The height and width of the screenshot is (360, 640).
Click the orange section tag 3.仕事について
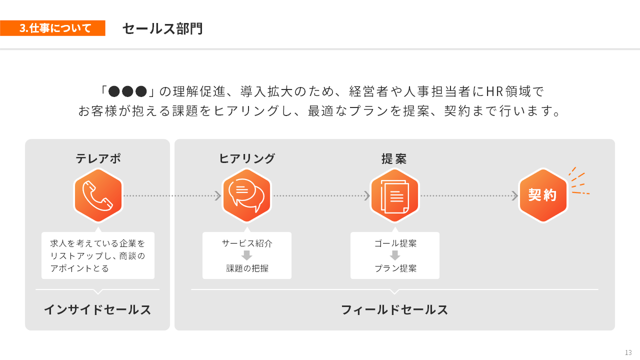click(x=52, y=28)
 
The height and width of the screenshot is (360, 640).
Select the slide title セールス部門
click(x=162, y=28)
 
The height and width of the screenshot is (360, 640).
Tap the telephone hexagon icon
click(x=98, y=195)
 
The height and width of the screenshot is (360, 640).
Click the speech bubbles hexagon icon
click(x=246, y=195)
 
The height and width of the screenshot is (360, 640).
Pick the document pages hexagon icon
click(x=394, y=195)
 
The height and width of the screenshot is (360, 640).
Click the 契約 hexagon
click(x=542, y=195)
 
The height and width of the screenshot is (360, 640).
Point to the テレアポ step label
click(x=98, y=158)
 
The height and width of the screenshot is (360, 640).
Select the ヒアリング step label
click(x=247, y=158)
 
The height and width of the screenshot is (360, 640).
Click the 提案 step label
click(x=394, y=158)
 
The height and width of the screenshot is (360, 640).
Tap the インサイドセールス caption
click(x=97, y=310)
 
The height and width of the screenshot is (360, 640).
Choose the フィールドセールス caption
click(x=394, y=310)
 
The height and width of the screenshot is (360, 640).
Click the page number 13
click(x=628, y=352)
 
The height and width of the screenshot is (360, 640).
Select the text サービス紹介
click(x=247, y=243)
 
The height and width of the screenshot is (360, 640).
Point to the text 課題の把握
click(x=247, y=268)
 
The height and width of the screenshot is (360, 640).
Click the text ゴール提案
click(x=395, y=243)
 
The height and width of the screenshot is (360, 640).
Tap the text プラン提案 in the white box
click(x=395, y=268)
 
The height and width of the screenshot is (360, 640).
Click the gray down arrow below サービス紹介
click(x=247, y=255)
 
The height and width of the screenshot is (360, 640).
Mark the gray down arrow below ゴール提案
click(x=395, y=255)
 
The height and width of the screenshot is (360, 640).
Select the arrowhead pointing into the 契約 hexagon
click(x=514, y=195)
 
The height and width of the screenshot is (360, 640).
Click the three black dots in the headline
click(x=127, y=91)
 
